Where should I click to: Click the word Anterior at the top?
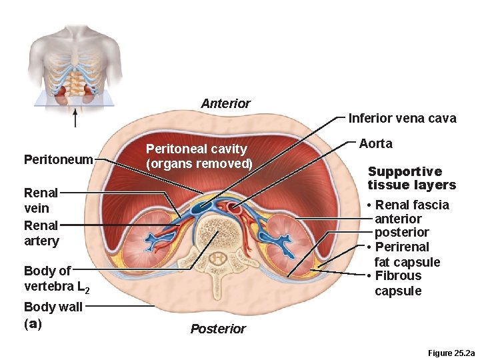click(x=225, y=103)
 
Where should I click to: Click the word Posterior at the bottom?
click(x=218, y=329)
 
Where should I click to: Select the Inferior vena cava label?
click(x=402, y=119)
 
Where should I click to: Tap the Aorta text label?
click(x=376, y=143)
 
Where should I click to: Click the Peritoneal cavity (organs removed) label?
click(x=199, y=156)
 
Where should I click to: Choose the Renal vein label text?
click(x=41, y=200)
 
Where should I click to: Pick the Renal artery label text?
click(x=41, y=233)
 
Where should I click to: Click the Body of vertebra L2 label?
click(x=56, y=279)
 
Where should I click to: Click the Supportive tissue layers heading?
click(x=411, y=178)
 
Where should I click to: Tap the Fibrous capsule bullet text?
click(x=398, y=283)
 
